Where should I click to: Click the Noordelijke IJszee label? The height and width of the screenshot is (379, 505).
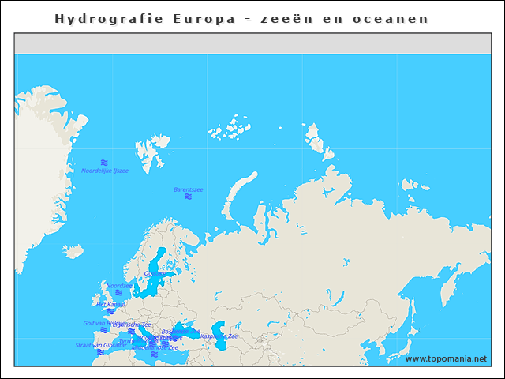(x=104, y=171)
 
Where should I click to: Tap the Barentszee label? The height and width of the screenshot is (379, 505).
(x=188, y=189)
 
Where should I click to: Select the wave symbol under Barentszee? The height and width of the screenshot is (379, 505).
(x=188, y=197)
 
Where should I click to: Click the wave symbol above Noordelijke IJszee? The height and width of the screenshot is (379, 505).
(x=104, y=162)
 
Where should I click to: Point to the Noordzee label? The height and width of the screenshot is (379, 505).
(x=119, y=286)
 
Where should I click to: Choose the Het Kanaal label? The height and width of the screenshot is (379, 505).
(x=110, y=304)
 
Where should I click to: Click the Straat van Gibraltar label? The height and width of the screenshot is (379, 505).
(x=100, y=345)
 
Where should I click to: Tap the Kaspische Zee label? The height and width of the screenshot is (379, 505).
(x=219, y=336)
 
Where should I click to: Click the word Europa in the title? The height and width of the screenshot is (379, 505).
(x=204, y=18)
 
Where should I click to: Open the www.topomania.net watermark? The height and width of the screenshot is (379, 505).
(x=446, y=359)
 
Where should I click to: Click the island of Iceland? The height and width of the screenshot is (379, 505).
(x=73, y=251)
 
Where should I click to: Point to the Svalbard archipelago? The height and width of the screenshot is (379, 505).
(x=150, y=150)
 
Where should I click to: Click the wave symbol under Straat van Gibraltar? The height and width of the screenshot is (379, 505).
(x=100, y=353)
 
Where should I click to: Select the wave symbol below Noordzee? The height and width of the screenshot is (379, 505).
(x=118, y=294)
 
